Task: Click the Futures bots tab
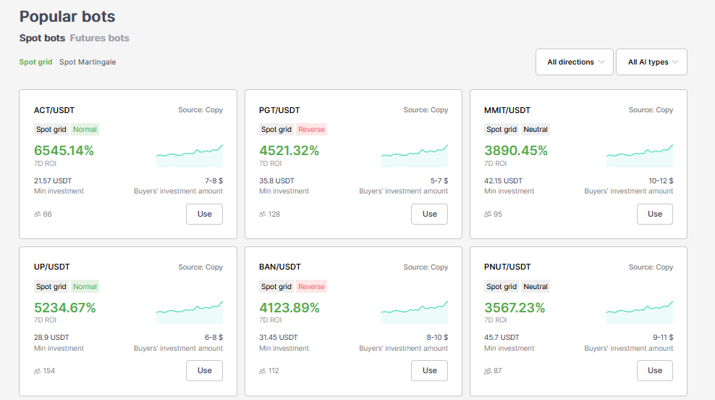point(99,38)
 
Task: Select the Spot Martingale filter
point(88,62)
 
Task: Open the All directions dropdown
point(575,62)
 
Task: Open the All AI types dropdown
point(652,62)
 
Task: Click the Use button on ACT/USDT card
point(204,214)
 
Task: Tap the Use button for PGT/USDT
point(429,214)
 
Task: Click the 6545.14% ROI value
point(64,151)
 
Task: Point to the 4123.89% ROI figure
point(289,307)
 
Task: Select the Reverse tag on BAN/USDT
point(311,286)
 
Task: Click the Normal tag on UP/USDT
point(85,286)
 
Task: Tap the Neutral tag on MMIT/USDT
point(536,130)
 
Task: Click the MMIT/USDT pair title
point(507,110)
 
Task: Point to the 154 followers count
point(49,371)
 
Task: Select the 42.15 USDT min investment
point(503,180)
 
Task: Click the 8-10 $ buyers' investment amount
point(437,337)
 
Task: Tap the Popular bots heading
point(67,16)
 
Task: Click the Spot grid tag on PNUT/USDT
point(502,286)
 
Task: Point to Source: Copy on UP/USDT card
point(200,267)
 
